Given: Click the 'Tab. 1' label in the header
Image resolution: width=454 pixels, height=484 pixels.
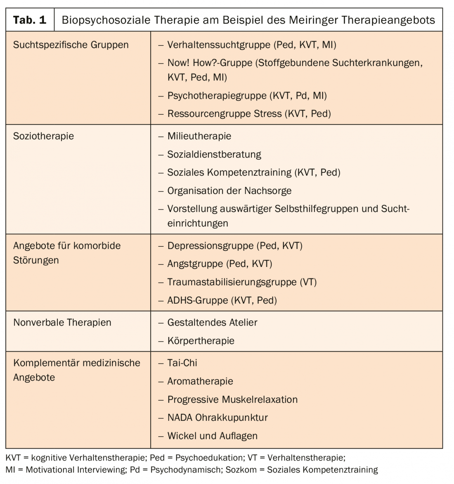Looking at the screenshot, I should [30, 20].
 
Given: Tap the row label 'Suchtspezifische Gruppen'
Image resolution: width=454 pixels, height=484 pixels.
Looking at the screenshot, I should [71, 45].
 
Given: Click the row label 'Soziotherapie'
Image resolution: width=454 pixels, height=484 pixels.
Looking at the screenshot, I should [43, 136].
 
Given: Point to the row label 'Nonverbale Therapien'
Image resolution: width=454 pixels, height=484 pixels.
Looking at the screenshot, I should [62, 322].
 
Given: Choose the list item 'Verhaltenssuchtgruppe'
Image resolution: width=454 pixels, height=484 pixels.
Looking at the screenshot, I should [219, 45].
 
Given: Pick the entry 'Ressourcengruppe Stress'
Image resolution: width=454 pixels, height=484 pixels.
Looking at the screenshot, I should [224, 113].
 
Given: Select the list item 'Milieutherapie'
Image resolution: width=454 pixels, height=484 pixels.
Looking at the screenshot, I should [199, 136].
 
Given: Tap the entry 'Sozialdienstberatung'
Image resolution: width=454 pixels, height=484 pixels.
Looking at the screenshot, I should [214, 154].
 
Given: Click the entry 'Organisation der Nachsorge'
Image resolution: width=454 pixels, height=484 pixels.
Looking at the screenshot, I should [229, 191].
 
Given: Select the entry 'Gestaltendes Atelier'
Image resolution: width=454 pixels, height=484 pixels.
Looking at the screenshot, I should [212, 322].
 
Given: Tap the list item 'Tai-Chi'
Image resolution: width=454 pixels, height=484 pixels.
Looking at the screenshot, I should [182, 363].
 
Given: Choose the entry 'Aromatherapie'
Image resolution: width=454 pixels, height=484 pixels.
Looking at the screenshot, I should [200, 381].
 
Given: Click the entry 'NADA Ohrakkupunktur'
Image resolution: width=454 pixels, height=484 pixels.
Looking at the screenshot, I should [218, 417].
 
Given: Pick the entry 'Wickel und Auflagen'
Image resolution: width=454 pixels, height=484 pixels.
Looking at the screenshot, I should [212, 435].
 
